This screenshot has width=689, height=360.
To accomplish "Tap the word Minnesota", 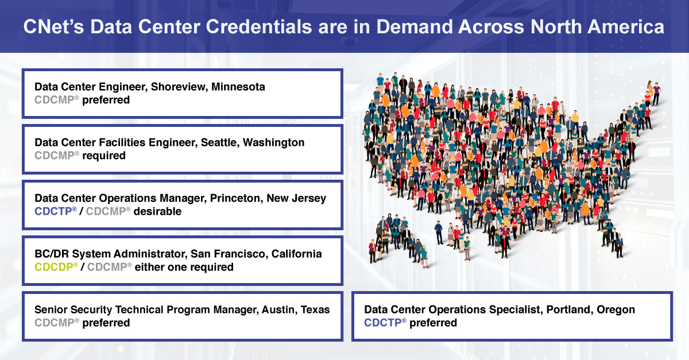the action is pos(238,87).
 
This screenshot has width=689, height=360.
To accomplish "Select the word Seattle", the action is pos(220,142).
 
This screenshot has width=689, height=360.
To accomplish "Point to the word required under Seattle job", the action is pos(104,156).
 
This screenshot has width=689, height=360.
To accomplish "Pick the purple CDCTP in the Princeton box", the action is pos(53,211).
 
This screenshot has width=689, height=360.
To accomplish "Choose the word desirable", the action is pos(157,211).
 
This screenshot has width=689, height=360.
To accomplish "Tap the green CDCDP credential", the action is pos(54,267).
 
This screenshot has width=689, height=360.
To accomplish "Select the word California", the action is pos(296,254).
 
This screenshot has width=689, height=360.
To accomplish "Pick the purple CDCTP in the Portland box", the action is pos(384,323).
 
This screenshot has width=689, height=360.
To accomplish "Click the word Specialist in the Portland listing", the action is pos(516,310).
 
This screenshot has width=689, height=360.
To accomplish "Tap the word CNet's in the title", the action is pos(53,26).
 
